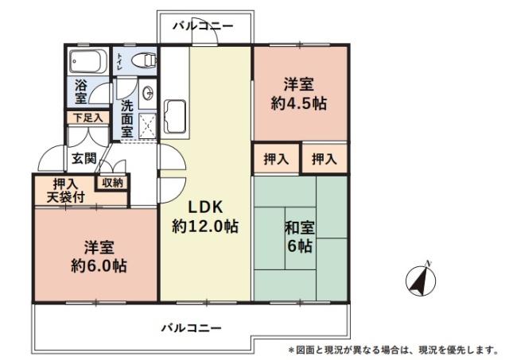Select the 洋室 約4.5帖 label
(300, 93)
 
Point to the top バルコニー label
(204, 26)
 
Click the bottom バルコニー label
(191, 327)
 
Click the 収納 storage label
(112, 182)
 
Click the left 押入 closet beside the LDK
(276, 159)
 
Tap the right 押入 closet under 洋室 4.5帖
(324, 159)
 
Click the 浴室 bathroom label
(80, 91)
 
